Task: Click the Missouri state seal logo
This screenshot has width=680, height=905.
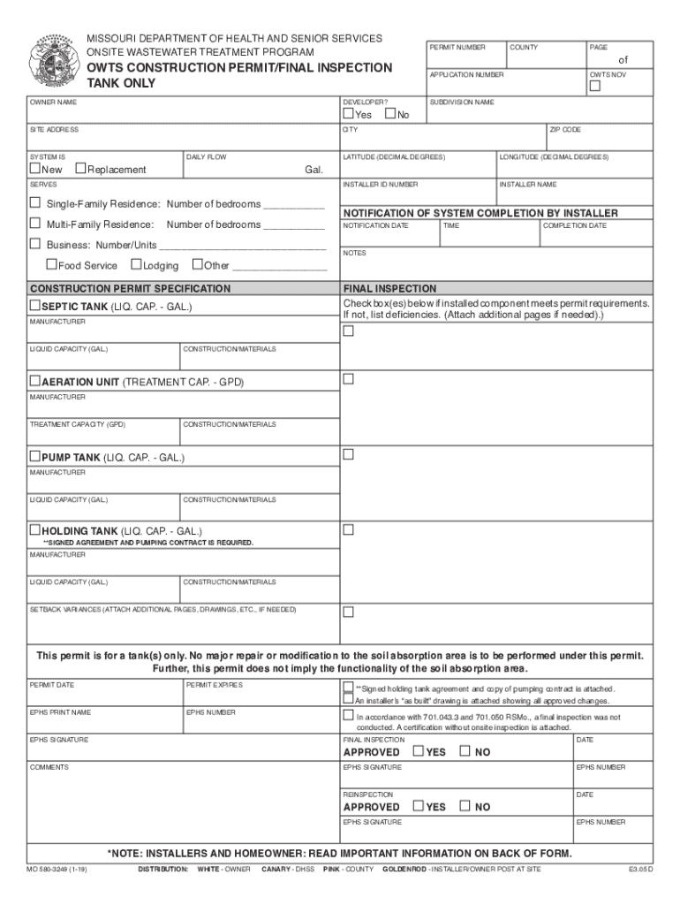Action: pos(51,59)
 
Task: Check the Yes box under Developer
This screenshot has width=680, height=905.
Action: pos(348,114)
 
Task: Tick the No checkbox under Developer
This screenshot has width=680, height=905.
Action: pos(390,114)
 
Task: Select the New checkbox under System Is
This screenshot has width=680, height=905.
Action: pos(35,169)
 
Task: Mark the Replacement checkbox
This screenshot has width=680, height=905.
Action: pos(80,169)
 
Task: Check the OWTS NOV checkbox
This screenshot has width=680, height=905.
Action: pos(595,87)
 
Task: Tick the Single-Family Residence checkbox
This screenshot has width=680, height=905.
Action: pos(35,202)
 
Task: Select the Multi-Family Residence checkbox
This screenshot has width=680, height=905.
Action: pos(35,224)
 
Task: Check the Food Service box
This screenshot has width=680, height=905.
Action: pos(51,264)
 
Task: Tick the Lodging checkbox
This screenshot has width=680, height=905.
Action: pos(136,264)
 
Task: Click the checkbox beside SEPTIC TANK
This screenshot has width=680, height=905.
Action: pos(35,305)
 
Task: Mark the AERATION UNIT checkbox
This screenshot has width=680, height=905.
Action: pos(35,380)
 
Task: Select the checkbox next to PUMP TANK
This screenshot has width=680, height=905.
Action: pos(35,456)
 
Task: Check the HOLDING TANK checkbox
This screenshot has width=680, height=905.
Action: pos(35,530)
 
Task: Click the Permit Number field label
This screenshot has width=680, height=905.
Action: pos(457,47)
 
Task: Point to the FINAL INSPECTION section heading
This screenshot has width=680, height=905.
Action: pos(389,289)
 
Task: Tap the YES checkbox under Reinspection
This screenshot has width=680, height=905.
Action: pos(419,806)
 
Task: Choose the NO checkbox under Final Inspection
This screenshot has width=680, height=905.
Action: pos(465,751)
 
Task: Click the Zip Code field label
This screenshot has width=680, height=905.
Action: pos(565,130)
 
